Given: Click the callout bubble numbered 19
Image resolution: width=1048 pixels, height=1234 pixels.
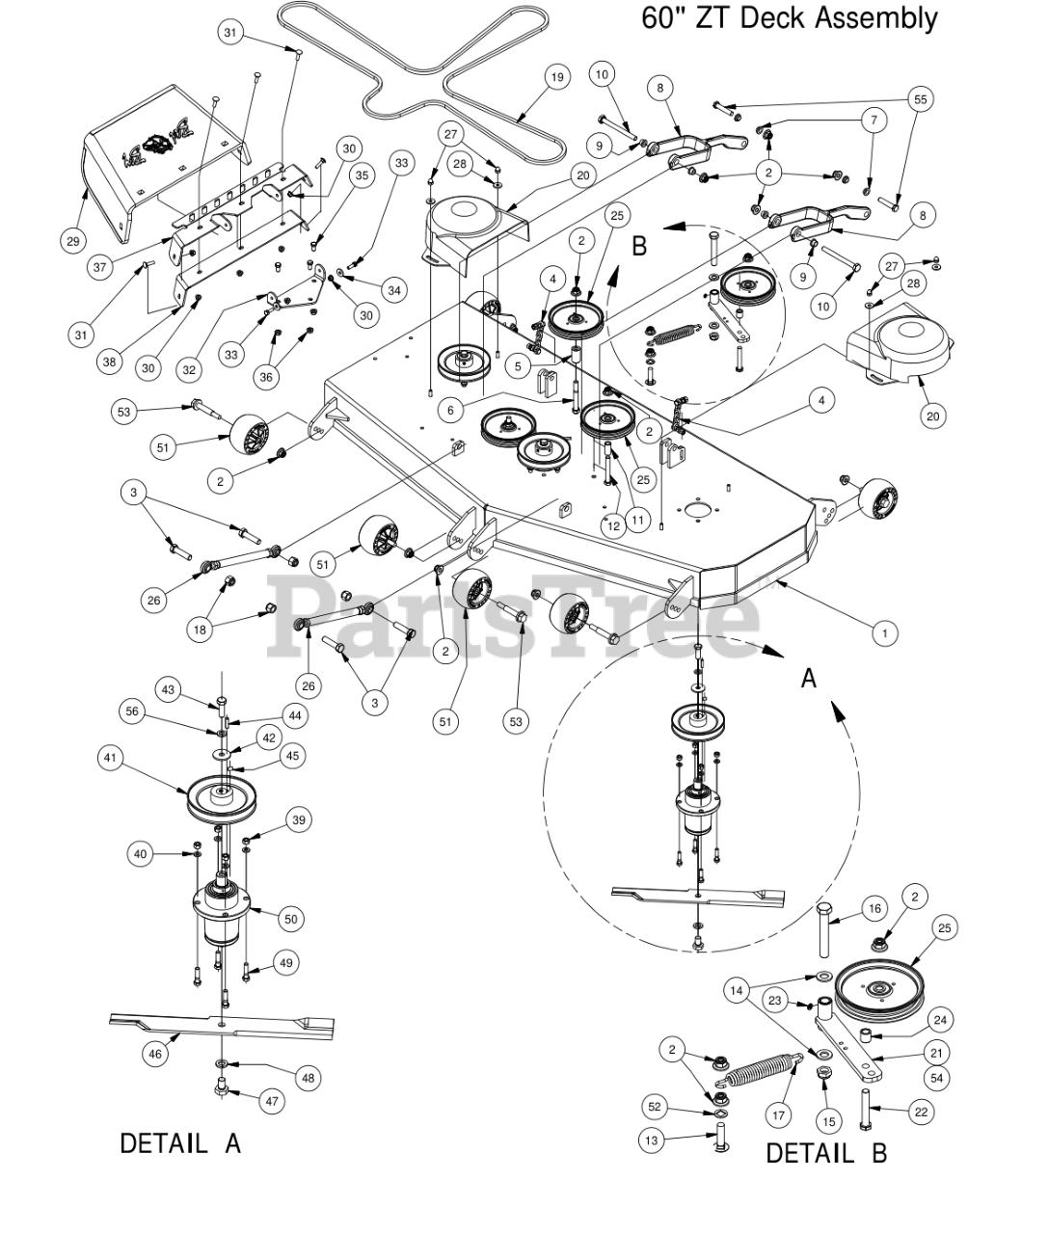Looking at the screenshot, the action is [556, 77].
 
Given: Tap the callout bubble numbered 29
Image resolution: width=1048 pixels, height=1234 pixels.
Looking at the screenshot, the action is [73, 241].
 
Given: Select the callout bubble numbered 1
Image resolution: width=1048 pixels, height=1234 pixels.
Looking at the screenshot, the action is [884, 632].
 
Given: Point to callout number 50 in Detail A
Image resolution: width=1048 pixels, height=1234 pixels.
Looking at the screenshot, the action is [291, 918].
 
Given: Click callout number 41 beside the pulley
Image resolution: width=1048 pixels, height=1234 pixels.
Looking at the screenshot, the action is [110, 758].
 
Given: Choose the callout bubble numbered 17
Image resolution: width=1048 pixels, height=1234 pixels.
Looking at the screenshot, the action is [778, 1114].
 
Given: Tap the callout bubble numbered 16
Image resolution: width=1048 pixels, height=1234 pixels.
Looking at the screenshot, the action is [874, 909].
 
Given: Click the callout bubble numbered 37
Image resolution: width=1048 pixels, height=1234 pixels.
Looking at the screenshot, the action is [100, 267].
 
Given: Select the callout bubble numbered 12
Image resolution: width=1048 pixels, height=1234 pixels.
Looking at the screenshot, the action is [613, 526].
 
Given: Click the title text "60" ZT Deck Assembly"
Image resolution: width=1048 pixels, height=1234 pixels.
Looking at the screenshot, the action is [789, 18].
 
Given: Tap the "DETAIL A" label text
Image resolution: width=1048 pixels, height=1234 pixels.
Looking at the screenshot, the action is [180, 1143].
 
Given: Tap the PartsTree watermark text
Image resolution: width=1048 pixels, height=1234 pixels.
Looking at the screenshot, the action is [514, 616].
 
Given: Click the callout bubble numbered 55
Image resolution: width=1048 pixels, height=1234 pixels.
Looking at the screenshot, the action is [920, 99].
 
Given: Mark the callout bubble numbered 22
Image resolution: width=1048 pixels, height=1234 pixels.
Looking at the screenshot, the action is [922, 1113].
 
